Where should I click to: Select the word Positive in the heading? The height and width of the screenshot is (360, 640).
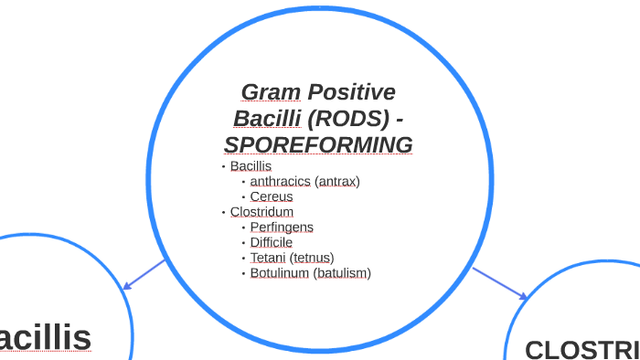coord(351,92)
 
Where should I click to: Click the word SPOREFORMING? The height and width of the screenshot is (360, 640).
coord(318,145)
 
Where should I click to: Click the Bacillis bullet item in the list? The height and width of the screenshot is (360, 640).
coord(251,166)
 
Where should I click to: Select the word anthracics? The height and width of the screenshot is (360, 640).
coord(281,182)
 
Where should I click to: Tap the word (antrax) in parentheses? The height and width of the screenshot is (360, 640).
coord(337,182)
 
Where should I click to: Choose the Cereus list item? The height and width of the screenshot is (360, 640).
coord(272,196)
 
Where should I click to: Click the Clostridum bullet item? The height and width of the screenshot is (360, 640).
coord(261,212)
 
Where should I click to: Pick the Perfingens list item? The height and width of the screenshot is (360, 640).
coord(282,228)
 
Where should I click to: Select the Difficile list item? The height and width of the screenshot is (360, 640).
coord(272,242)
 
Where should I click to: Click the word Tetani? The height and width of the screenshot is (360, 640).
coord(269,258)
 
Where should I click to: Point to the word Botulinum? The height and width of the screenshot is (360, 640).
coord(280,273)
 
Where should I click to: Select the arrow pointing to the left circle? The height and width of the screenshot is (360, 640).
coord(144,275)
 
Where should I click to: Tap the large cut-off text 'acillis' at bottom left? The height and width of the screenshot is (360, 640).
coord(46,337)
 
